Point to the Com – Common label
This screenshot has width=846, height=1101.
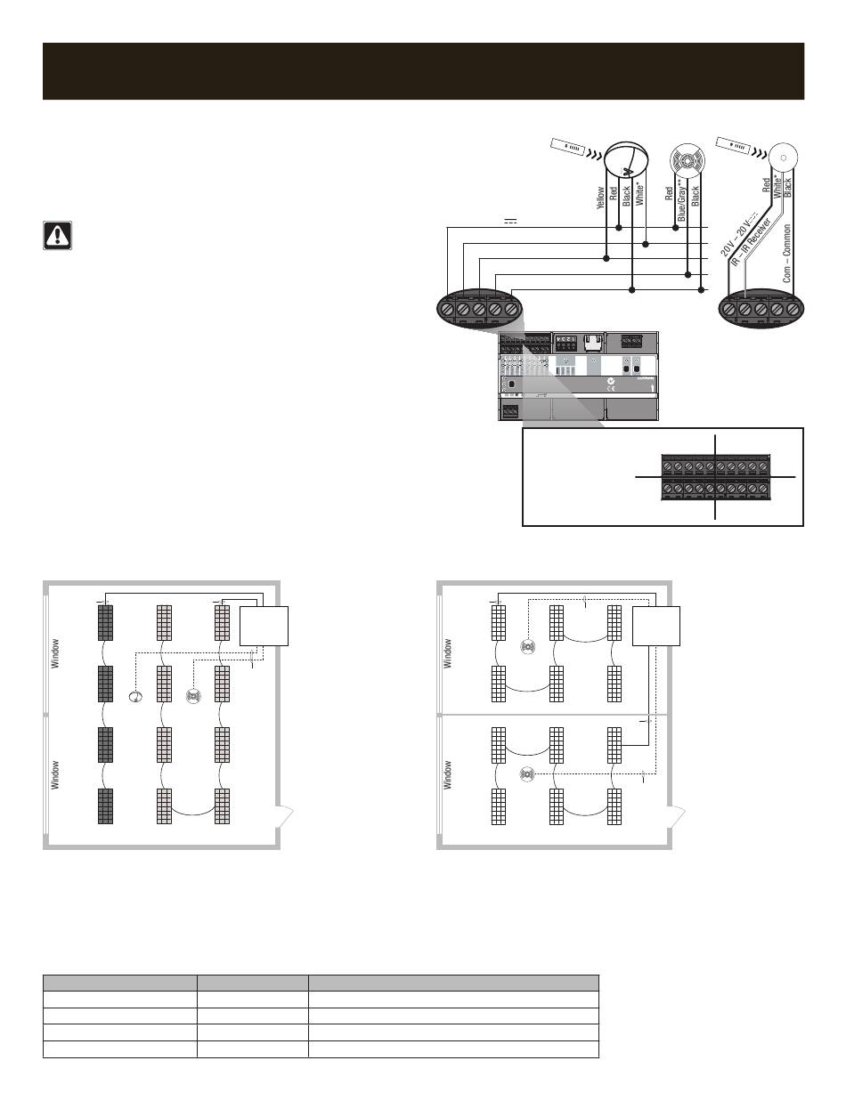click(787, 254)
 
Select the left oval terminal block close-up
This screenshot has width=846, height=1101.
click(479, 308)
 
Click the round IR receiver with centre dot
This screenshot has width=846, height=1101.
click(784, 158)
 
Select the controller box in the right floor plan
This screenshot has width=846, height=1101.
click(656, 625)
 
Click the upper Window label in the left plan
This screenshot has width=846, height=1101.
click(55, 653)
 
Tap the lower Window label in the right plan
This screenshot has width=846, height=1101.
click(448, 773)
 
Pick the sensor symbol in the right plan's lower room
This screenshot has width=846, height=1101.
click(526, 773)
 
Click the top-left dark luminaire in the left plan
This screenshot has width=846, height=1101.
click(106, 622)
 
